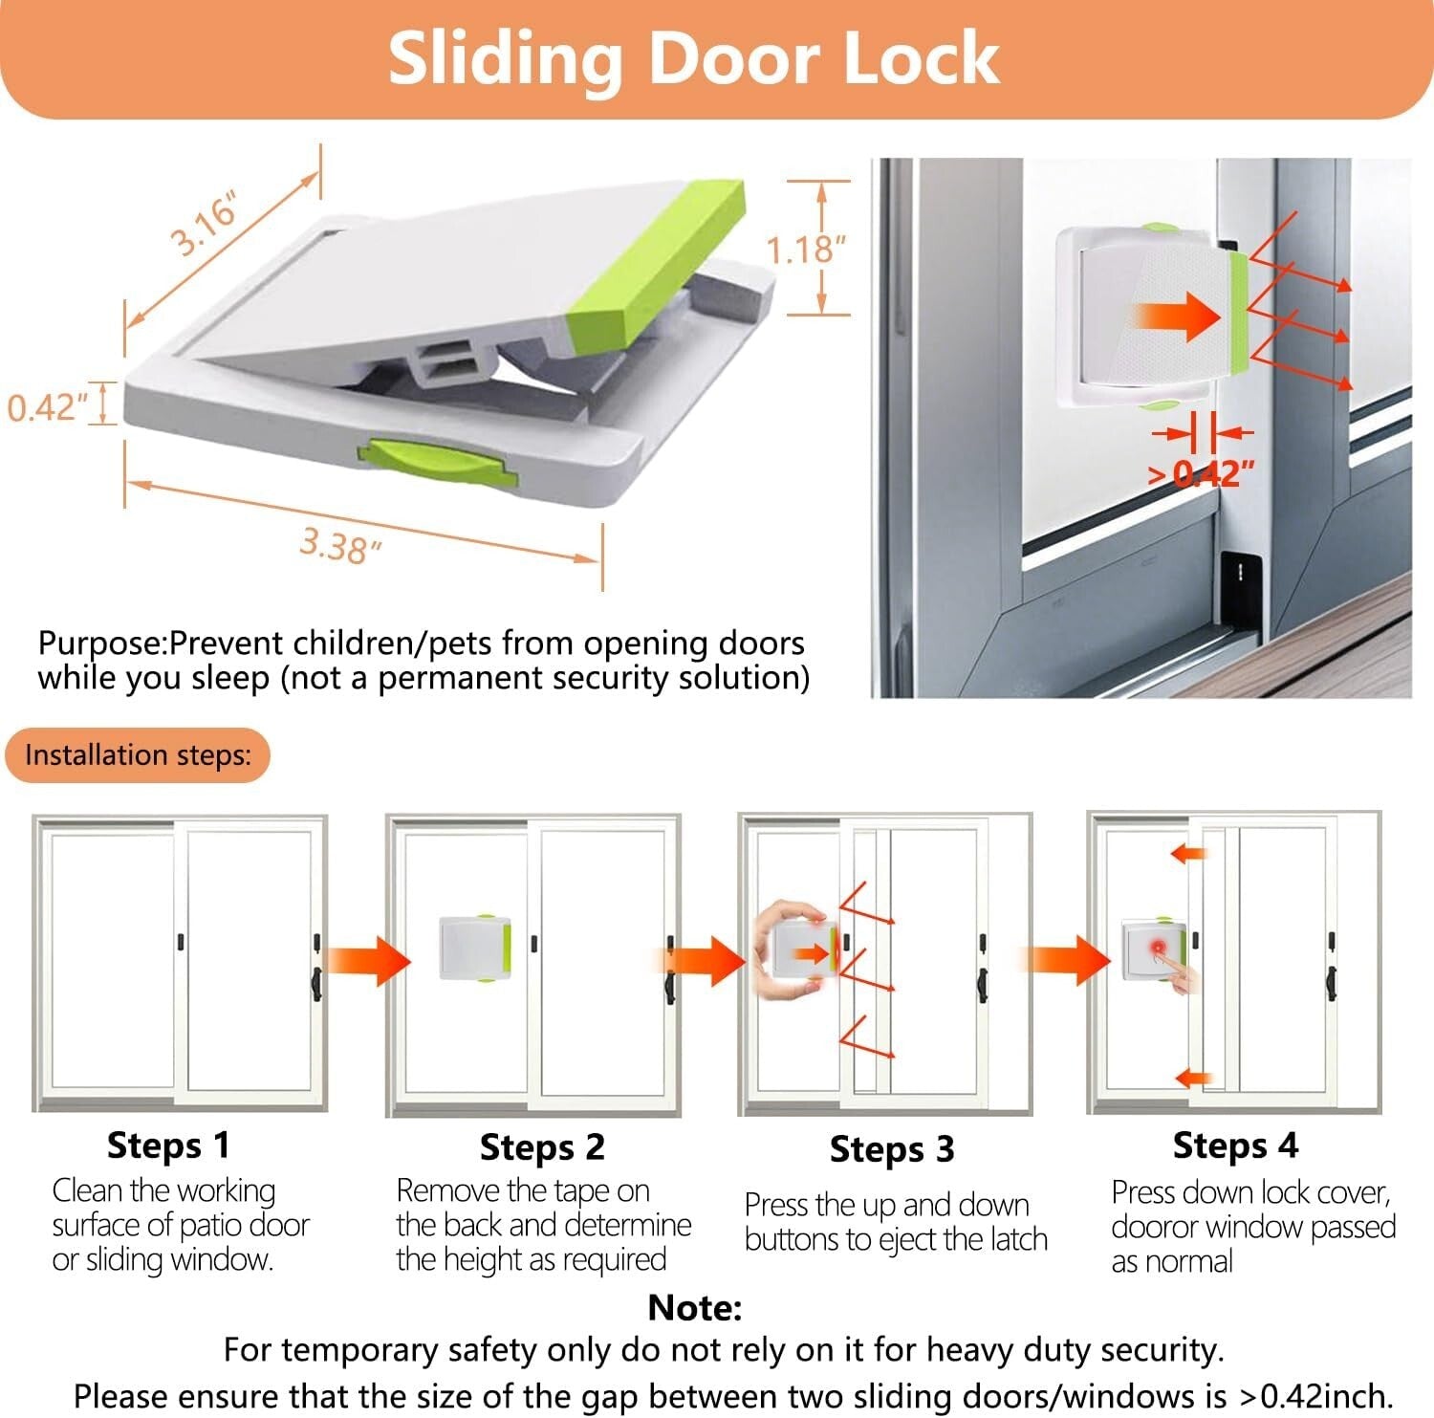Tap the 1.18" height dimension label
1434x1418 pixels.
pos(806,250)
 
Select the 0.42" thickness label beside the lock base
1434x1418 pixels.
pos(47,407)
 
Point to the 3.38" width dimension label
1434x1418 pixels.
pos(340,546)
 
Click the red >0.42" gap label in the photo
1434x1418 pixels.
pos(1201,472)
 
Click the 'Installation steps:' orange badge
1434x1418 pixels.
pos(138,755)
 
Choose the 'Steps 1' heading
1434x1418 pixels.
pos(168,1145)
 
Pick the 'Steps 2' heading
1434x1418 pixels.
pos(542,1147)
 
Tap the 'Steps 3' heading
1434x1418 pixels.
pos(892,1149)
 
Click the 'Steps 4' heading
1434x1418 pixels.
pos(1235,1145)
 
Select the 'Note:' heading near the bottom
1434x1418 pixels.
pos(695,1307)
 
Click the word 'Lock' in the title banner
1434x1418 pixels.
pos(908,59)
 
